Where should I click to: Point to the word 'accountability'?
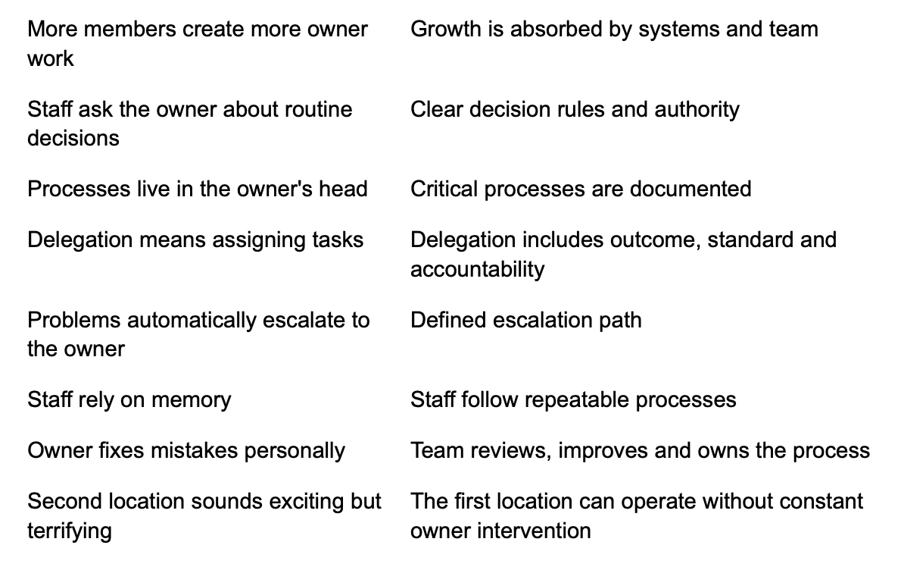pos(478,269)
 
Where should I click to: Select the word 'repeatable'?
pos(574,399)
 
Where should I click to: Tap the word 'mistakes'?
pos(195,450)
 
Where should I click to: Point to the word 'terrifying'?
pos(69,531)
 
